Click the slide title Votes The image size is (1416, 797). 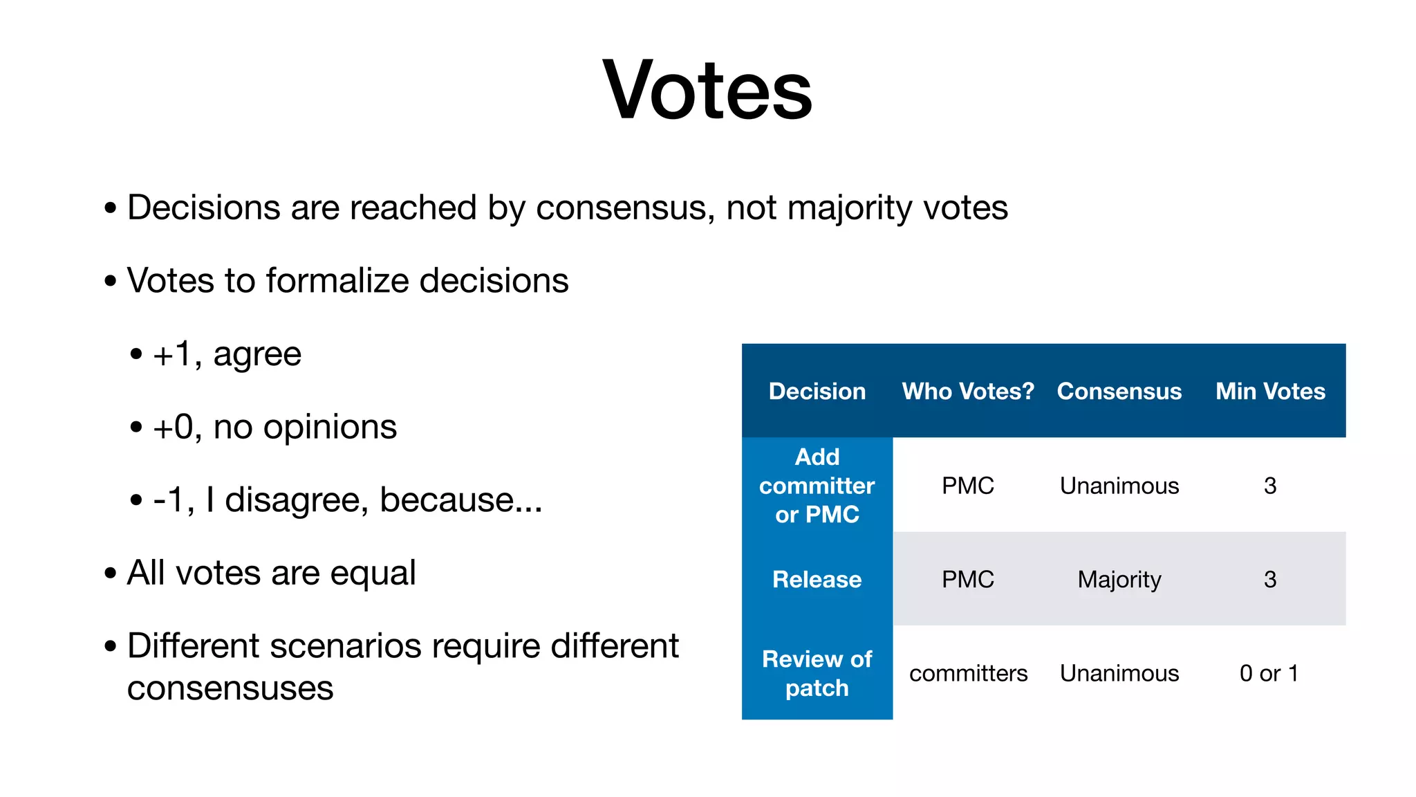pyautogui.click(x=707, y=91)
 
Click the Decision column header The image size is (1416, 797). pyautogui.click(x=817, y=392)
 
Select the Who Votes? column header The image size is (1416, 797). pyautogui.click(x=968, y=392)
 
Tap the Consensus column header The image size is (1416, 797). pyautogui.click(x=1119, y=392)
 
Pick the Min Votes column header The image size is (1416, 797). pyautogui.click(x=1270, y=392)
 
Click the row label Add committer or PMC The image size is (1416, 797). pyautogui.click(x=817, y=486)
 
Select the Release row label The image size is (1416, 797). pyautogui.click(x=817, y=580)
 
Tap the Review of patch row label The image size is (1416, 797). pyautogui.click(x=817, y=673)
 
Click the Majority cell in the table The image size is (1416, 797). pyautogui.click(x=1119, y=580)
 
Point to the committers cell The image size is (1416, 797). pyautogui.click(x=968, y=673)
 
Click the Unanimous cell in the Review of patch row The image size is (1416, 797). pyautogui.click(x=1119, y=673)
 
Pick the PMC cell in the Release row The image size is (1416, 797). pyautogui.click(x=968, y=580)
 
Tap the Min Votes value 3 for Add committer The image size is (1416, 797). pyautogui.click(x=1269, y=486)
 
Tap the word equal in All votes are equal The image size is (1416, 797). pyautogui.click(x=373, y=574)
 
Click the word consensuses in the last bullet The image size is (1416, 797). pyautogui.click(x=230, y=688)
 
